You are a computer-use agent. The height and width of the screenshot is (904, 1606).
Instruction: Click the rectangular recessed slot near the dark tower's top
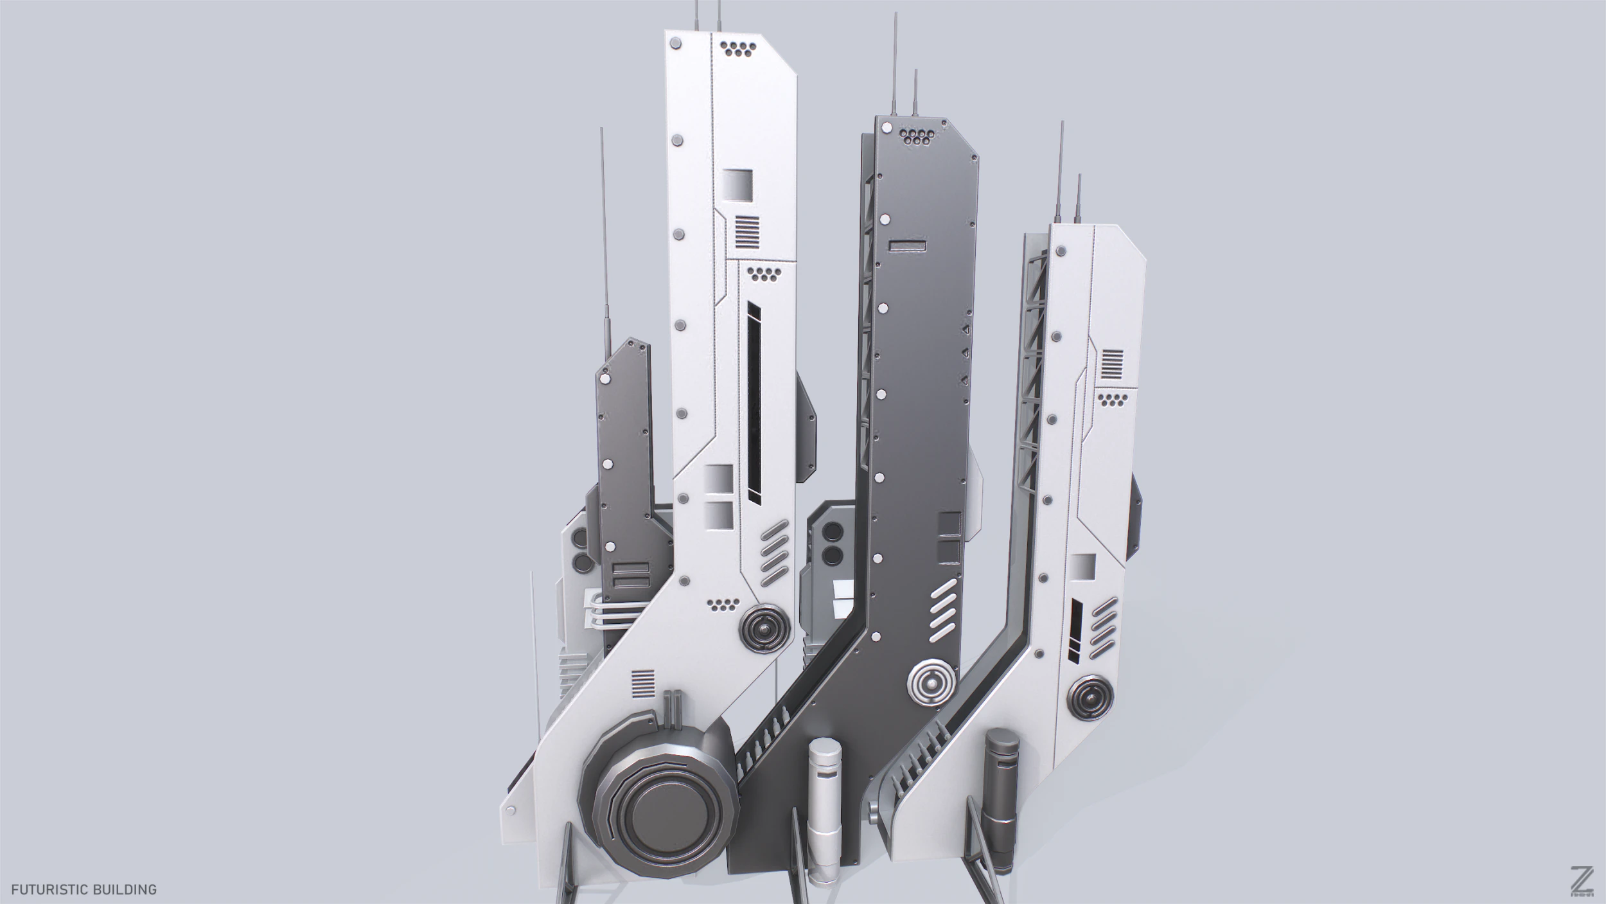coord(907,245)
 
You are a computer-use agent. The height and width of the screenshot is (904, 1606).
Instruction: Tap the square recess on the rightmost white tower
coord(1084,566)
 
